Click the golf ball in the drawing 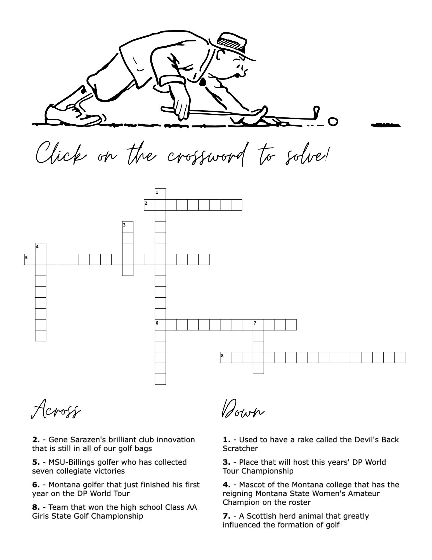pos(333,122)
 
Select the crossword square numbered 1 pos(160,194)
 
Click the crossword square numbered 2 pos(149,205)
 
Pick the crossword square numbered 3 pos(128,227)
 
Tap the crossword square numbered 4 pos(41,249)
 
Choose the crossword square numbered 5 pos(30,260)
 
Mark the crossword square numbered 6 pos(160,325)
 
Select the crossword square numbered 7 pos(258,325)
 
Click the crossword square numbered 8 pos(226,358)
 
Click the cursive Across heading pos(56,410)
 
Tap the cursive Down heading pos(243,410)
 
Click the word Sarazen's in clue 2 pos(87,440)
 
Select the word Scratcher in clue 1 pos(240,449)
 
